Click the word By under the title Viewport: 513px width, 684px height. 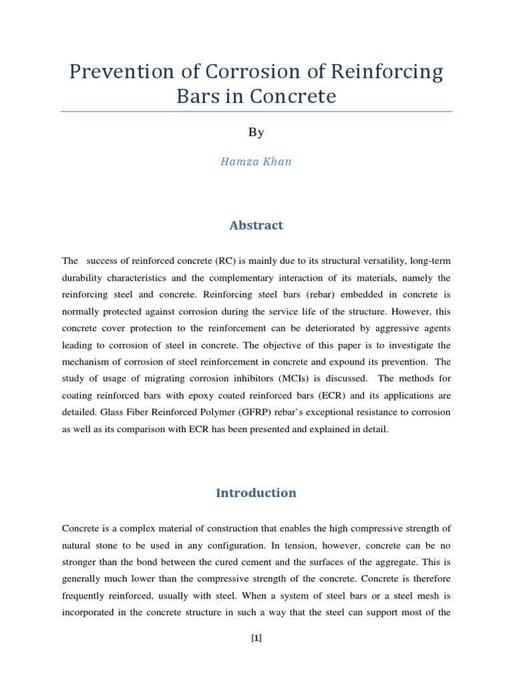pyautogui.click(x=256, y=132)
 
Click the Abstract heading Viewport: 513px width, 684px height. pyautogui.click(x=256, y=225)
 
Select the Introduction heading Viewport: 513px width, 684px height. pyautogui.click(x=256, y=493)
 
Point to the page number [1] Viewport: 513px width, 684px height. pyautogui.click(x=256, y=638)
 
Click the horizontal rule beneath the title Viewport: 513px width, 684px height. pyautogui.click(x=256, y=112)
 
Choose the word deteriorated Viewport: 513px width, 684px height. pyautogui.click(x=301, y=328)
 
